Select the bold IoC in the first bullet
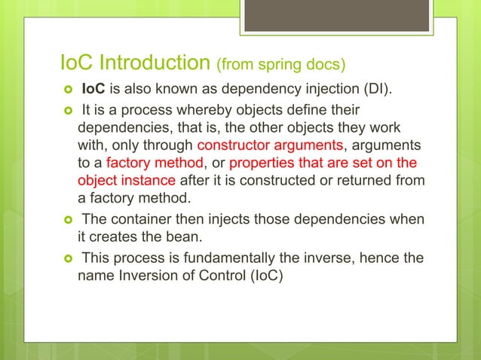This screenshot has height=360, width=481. (94, 92)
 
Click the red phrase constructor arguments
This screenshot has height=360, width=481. (270, 146)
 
